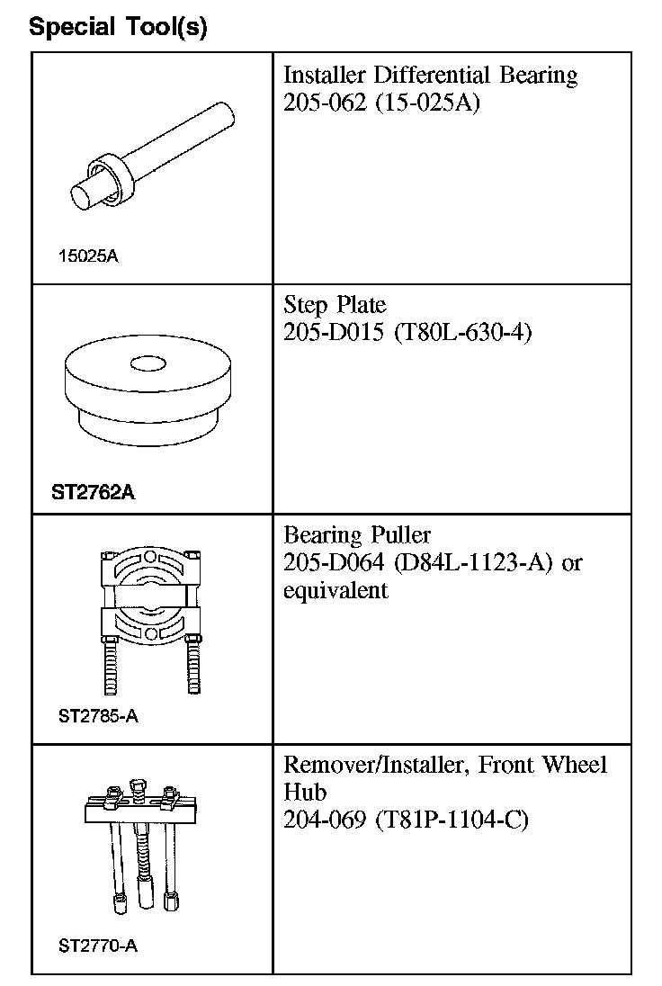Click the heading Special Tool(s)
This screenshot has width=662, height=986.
(118, 28)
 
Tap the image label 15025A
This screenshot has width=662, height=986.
(88, 256)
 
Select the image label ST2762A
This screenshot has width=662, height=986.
(94, 492)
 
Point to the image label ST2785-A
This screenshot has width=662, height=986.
(98, 717)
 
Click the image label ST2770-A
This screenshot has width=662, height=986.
(98, 946)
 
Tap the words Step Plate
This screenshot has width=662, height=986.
(335, 304)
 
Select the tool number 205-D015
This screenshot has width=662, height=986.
(327, 333)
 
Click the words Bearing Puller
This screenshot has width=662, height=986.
(358, 536)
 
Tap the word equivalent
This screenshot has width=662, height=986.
(335, 591)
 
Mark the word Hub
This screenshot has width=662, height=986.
(304, 793)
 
